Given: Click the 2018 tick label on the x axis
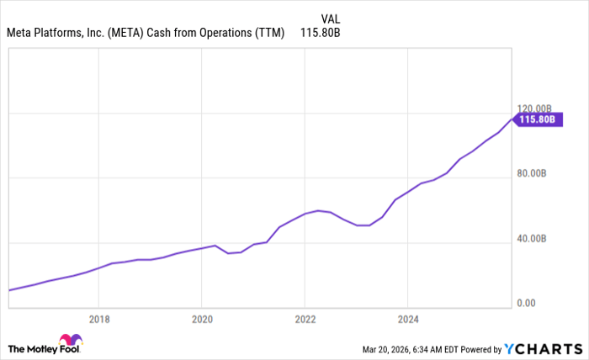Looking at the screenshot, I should [x=98, y=319].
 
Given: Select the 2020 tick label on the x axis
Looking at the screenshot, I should [x=201, y=319].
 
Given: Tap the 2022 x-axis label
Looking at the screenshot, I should [x=305, y=319].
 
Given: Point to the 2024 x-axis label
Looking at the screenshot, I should [x=407, y=319].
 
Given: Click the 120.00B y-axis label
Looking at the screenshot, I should [x=534, y=109].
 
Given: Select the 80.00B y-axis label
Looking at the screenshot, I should [x=532, y=174].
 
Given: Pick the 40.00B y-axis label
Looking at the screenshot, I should [x=532, y=239].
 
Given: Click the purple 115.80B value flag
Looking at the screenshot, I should [x=538, y=119].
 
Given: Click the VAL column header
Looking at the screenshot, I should [x=332, y=18].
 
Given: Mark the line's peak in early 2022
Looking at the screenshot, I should [x=318, y=210].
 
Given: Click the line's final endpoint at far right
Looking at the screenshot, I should [x=512, y=119].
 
